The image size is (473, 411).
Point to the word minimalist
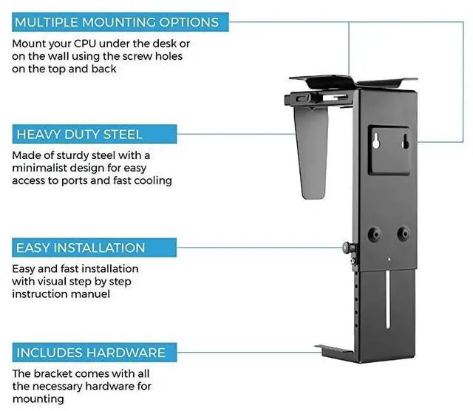click(x=44, y=168)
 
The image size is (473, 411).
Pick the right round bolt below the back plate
click(x=402, y=233)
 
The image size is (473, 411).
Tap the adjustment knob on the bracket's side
click(x=347, y=247)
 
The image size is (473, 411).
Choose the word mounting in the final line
click(x=38, y=398)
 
